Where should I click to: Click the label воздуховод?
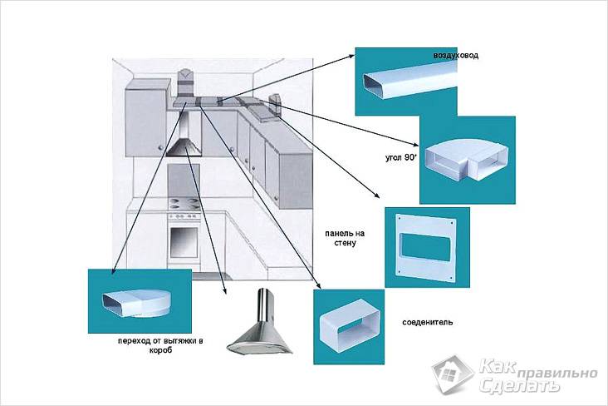456,56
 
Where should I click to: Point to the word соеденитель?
427,321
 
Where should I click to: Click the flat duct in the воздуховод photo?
407,82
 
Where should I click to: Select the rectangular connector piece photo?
347,326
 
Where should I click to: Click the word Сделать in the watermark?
510,386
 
